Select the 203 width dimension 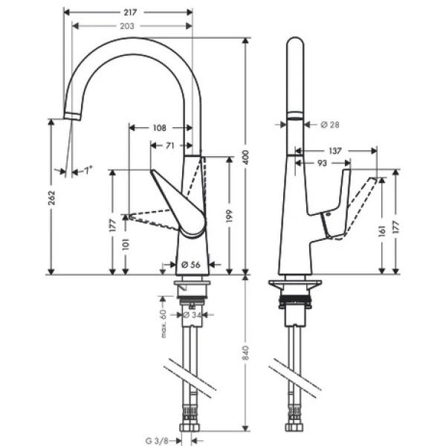pos(129,26)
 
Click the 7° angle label pos(88,171)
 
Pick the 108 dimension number pos(159,128)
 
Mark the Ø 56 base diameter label pos(190,263)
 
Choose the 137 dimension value pos(335,150)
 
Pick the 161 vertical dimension pos(381,230)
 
